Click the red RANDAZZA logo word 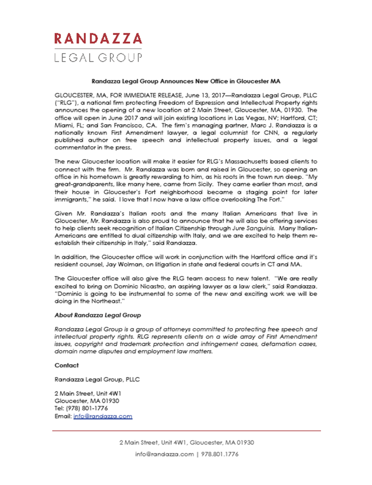[x=98, y=39]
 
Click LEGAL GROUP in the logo [x=98, y=58]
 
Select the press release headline [x=186, y=82]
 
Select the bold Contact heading [x=66, y=365]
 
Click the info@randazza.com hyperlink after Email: [x=103, y=417]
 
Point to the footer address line [x=186, y=442]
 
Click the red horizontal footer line [x=186, y=430]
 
